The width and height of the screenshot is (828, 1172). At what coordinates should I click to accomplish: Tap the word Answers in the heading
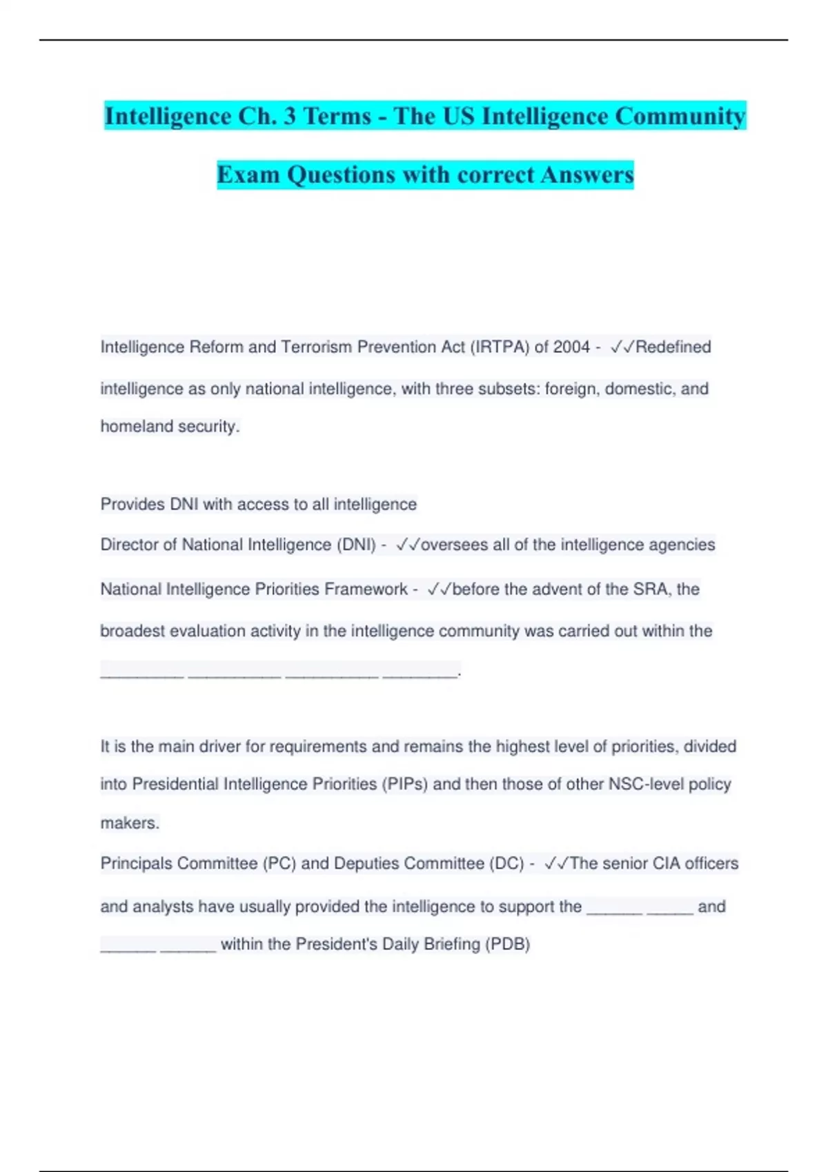(x=587, y=174)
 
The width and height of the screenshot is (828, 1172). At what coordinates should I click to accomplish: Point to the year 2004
(x=571, y=347)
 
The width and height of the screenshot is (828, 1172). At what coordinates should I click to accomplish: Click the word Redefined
(x=673, y=347)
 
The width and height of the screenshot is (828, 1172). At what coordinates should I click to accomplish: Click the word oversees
(x=454, y=545)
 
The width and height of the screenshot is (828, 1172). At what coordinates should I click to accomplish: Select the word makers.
(x=130, y=823)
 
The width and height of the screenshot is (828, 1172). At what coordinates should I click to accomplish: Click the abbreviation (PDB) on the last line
(x=507, y=944)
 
